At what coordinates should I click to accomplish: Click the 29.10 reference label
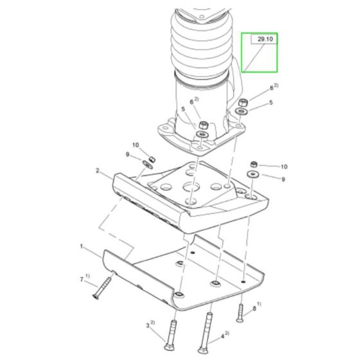265,39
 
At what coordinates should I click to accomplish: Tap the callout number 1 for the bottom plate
81,246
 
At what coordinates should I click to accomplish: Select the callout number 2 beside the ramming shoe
98,171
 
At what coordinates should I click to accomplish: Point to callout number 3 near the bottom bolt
148,325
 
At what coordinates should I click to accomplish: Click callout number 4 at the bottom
222,337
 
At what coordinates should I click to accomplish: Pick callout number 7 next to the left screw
82,280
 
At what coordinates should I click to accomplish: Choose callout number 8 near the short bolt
254,309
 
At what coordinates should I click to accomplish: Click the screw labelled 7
102,288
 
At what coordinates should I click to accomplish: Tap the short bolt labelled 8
240,313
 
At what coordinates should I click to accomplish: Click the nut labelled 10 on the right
254,165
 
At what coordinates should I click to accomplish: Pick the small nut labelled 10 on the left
152,159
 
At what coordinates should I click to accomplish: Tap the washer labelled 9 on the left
147,165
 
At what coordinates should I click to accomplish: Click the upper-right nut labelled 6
243,102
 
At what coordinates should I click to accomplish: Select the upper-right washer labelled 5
241,111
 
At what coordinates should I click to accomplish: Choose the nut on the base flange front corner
203,125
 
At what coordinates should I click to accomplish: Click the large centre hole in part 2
192,186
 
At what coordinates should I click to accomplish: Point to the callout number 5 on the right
271,102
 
